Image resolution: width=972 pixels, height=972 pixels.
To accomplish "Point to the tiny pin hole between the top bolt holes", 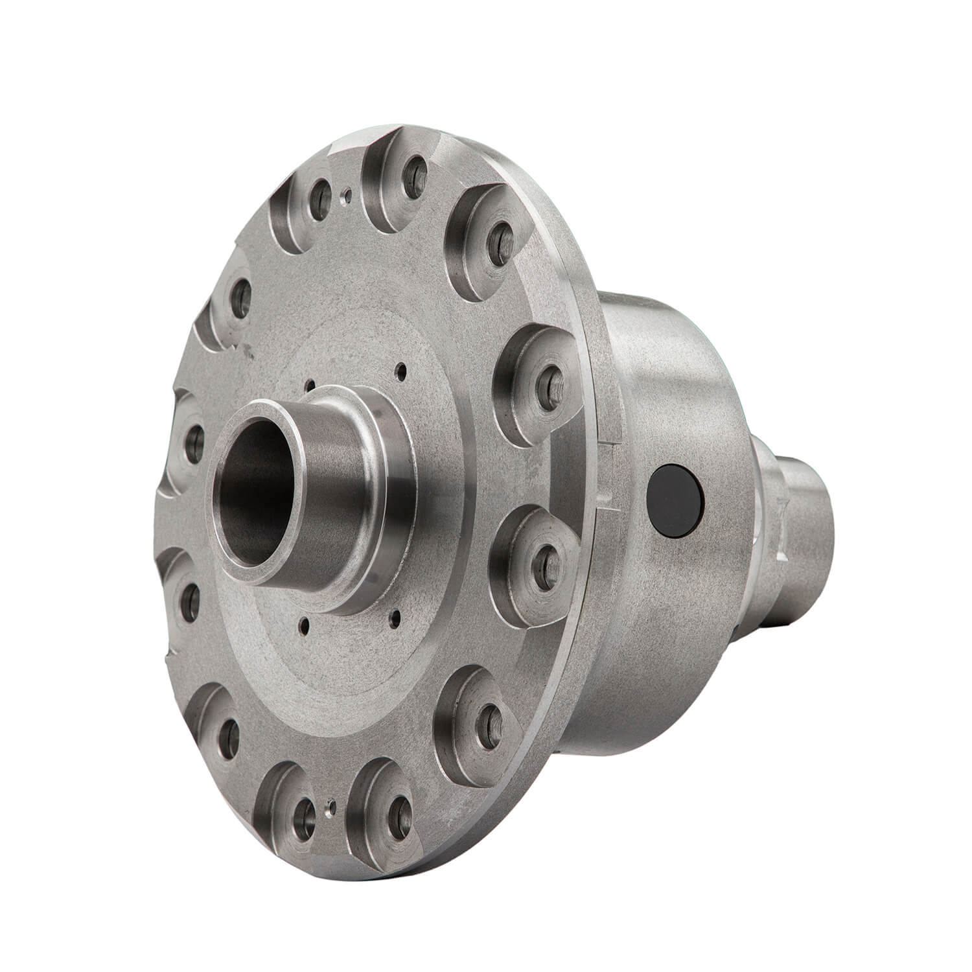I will tap(349, 192).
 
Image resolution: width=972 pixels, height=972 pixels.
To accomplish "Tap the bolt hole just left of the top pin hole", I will tap(317, 196).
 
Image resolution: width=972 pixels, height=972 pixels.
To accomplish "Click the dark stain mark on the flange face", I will tap(246, 352).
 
